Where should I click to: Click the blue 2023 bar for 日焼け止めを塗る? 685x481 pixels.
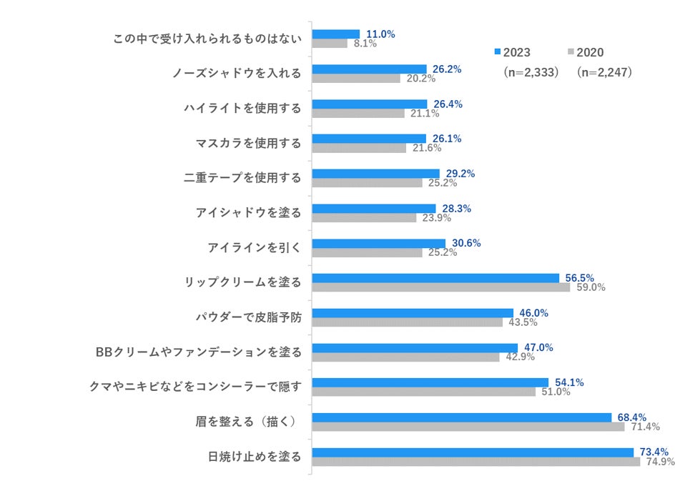473,452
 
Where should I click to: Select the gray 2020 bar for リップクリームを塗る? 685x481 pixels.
441,287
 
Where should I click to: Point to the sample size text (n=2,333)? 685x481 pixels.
529,72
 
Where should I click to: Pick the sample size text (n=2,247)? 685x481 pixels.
604,72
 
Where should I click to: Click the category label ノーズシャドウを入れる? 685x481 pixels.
237,73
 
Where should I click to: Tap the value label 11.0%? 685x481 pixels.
380,34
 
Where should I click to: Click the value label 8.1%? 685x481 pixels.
365,44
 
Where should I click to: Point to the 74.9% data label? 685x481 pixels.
660,462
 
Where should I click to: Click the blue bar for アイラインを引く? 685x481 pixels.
379,244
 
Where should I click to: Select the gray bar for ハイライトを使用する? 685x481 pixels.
358,113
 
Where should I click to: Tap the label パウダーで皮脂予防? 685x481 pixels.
248,317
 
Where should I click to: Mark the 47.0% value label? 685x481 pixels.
538,347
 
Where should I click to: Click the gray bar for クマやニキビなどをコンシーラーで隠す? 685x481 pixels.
423,392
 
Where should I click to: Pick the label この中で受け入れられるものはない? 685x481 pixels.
207,38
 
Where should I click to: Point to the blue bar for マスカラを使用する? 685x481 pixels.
369,139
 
